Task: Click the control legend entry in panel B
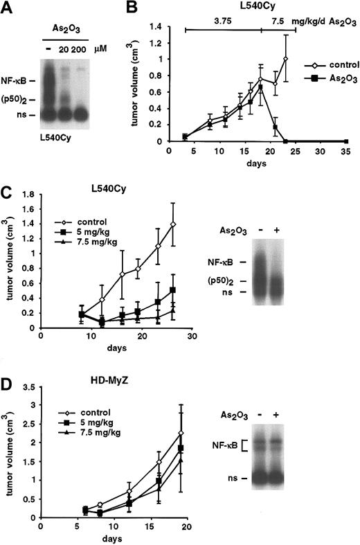point(324,62)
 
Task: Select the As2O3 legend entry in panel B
point(324,78)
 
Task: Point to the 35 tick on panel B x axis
point(346,150)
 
